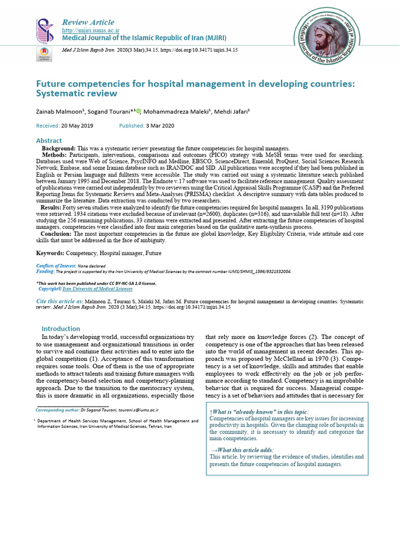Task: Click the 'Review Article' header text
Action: tap(87, 22)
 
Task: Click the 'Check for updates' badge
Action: tap(44, 54)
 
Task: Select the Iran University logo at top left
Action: tap(44, 30)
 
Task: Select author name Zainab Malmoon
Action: tap(57, 112)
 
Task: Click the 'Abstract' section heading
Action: tap(48, 141)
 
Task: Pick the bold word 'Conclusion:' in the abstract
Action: tap(57, 234)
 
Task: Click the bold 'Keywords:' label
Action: tap(50, 253)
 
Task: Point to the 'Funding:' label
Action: tap(45, 272)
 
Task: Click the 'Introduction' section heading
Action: tap(61, 329)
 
